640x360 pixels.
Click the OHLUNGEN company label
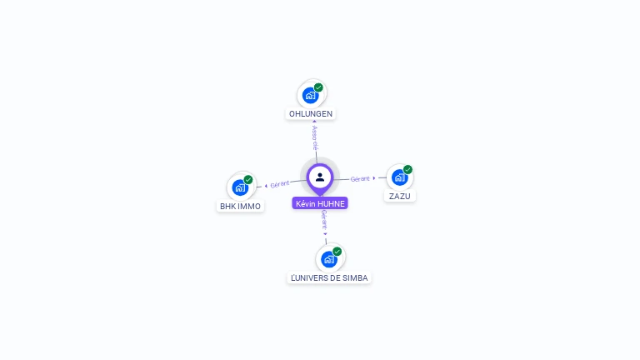tap(311, 113)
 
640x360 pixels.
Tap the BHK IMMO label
tap(240, 206)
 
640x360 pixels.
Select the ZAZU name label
tap(399, 197)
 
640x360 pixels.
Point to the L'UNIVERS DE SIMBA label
tap(328, 277)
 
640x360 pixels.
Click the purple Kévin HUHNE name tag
tap(320, 203)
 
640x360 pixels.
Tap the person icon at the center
tap(320, 177)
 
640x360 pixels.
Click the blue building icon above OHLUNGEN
tap(310, 95)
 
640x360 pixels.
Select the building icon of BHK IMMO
tap(240, 187)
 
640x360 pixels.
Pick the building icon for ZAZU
tap(399, 177)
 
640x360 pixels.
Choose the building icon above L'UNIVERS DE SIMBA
tap(328, 259)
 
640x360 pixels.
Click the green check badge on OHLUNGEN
tap(318, 87)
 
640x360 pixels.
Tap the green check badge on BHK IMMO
tap(248, 179)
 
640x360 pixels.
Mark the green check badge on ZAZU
tap(407, 169)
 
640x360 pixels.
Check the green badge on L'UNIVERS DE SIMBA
tap(337, 251)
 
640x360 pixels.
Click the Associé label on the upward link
tap(314, 135)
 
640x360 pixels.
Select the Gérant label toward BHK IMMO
tap(280, 183)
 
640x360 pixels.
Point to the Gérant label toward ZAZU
tap(360, 178)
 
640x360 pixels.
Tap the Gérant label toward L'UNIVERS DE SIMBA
tap(324, 221)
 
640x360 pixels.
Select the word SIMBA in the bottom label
tap(354, 277)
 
